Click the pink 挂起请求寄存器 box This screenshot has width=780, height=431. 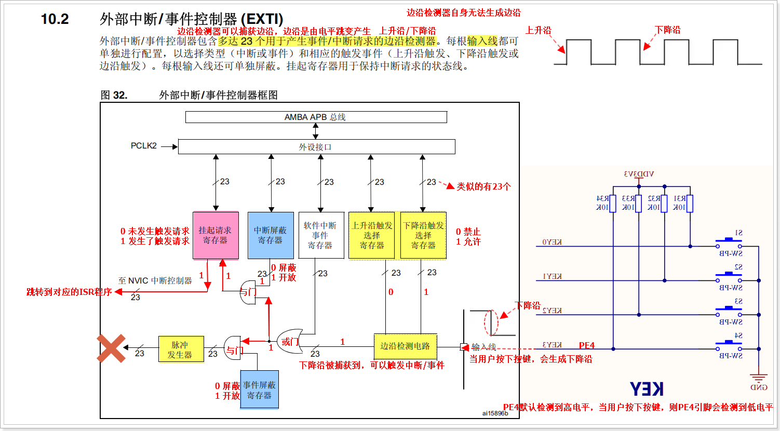point(216,235)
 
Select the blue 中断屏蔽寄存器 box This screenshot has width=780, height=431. point(271,235)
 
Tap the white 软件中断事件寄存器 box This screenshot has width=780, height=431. point(321,235)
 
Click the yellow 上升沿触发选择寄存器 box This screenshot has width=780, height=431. point(371,235)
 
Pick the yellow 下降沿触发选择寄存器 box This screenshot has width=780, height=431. point(423,235)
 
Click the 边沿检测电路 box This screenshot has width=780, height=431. point(405,346)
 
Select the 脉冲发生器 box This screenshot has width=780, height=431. point(181,349)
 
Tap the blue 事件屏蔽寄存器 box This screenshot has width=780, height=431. point(259,389)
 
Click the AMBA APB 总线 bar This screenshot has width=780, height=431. point(316,117)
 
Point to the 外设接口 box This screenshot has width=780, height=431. point(316,147)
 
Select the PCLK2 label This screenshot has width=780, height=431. point(143,146)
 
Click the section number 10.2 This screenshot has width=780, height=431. point(55,19)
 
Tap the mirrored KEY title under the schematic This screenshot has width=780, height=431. point(647,389)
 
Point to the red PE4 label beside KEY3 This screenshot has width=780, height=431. point(587,346)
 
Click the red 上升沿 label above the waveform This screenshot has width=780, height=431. point(538,31)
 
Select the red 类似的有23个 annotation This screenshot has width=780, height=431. point(483,186)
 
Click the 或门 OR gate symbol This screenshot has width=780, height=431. point(290,341)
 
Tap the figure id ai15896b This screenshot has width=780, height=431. point(495,413)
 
